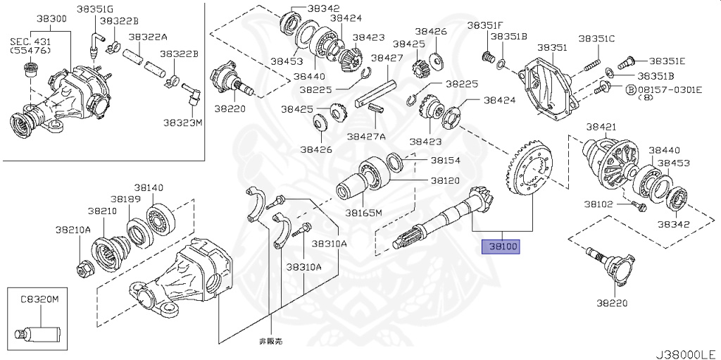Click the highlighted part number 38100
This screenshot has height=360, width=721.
click(x=499, y=247)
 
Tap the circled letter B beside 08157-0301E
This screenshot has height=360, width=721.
click(x=612, y=90)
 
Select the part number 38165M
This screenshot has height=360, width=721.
click(x=363, y=213)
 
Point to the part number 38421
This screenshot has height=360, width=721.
click(x=601, y=127)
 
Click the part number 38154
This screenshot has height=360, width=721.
click(x=445, y=160)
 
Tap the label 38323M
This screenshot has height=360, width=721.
click(x=183, y=122)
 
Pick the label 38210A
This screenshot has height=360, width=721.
click(x=74, y=229)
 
